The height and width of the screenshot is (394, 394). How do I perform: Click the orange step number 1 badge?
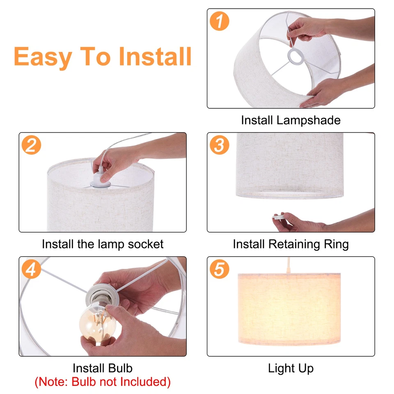tap(219, 21)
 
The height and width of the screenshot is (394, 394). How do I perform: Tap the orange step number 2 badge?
tap(31, 145)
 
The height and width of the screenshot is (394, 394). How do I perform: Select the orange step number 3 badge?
tap(219, 145)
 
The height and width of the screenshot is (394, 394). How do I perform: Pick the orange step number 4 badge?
tap(31, 270)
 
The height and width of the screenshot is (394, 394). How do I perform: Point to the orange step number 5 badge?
tap(219, 270)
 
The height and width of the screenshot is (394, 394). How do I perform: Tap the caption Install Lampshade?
tap(291, 120)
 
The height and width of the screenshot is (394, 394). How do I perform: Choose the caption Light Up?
tap(291, 368)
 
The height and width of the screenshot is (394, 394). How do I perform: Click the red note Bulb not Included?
tap(102, 382)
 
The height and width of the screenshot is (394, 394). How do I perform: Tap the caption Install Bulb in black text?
tap(102, 368)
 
